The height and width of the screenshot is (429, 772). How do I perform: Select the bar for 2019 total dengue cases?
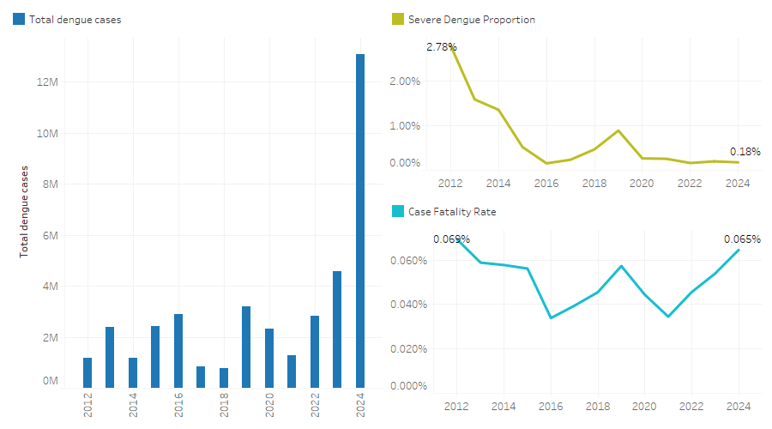pyautogui.click(x=246, y=347)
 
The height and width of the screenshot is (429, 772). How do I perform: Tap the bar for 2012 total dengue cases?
pyautogui.click(x=87, y=372)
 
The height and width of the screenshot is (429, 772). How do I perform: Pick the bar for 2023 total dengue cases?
pyautogui.click(x=337, y=329)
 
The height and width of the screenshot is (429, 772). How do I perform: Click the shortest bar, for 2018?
pyautogui.click(x=224, y=378)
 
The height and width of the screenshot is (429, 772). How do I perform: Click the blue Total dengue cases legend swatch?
pyautogui.click(x=19, y=20)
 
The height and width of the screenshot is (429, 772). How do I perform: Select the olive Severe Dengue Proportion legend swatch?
pyautogui.click(x=398, y=20)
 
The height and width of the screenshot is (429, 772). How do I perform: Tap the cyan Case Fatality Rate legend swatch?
pyautogui.click(x=398, y=211)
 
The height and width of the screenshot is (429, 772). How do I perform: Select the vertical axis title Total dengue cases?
pyautogui.click(x=25, y=212)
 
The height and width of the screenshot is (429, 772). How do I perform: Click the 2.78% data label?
pyautogui.click(x=442, y=47)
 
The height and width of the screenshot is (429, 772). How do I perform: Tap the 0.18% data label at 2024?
pyautogui.click(x=745, y=152)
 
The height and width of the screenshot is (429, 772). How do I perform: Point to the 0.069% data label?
pyautogui.click(x=451, y=239)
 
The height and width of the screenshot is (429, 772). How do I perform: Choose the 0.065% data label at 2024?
pyautogui.click(x=742, y=239)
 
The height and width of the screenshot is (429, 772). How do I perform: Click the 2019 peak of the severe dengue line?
pyautogui.click(x=618, y=130)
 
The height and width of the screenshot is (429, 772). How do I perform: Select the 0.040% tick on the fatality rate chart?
pyautogui.click(x=409, y=305)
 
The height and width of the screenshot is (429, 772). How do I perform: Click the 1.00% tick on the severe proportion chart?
pyautogui.click(x=407, y=126)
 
